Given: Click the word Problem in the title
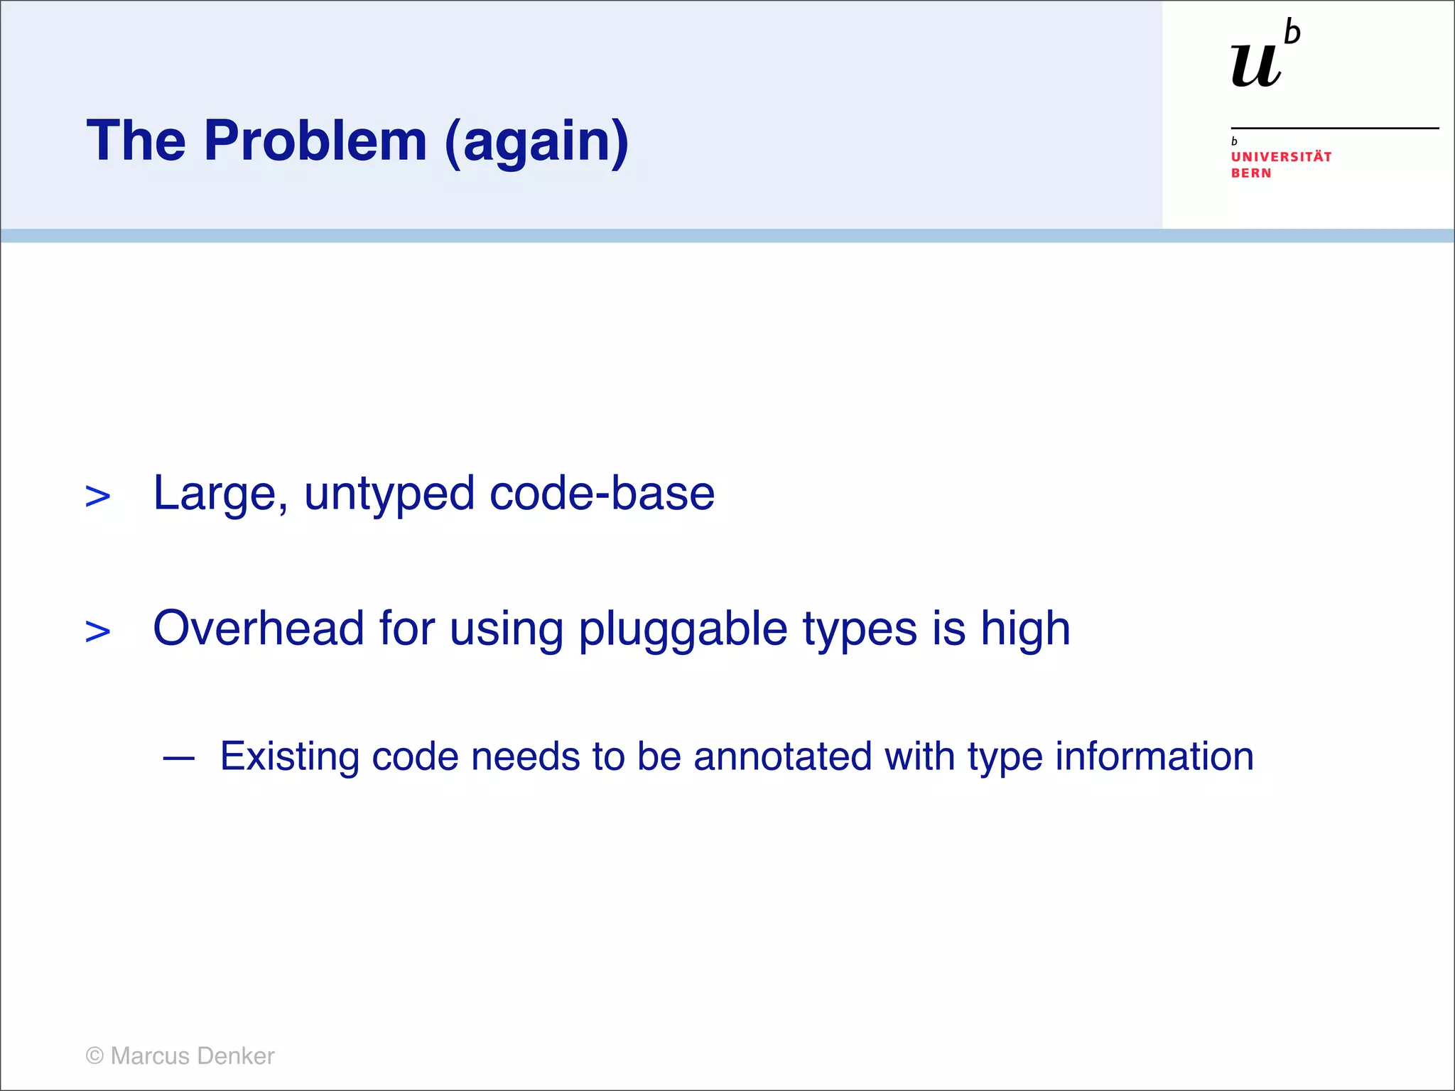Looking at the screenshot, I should click(315, 141).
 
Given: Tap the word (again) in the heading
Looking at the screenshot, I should click(536, 142).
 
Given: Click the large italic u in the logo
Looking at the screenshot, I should click(1256, 65).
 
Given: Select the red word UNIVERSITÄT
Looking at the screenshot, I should click(1281, 157).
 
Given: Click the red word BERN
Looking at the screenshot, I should click(1251, 173).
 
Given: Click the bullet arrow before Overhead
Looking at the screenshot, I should click(97, 631).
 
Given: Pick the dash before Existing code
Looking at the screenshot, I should click(178, 759).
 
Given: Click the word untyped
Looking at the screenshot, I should click(389, 494).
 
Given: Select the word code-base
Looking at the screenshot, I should click(602, 493).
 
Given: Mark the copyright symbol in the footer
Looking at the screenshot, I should click(94, 1056).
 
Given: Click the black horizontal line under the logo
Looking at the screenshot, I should click(1334, 128).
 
